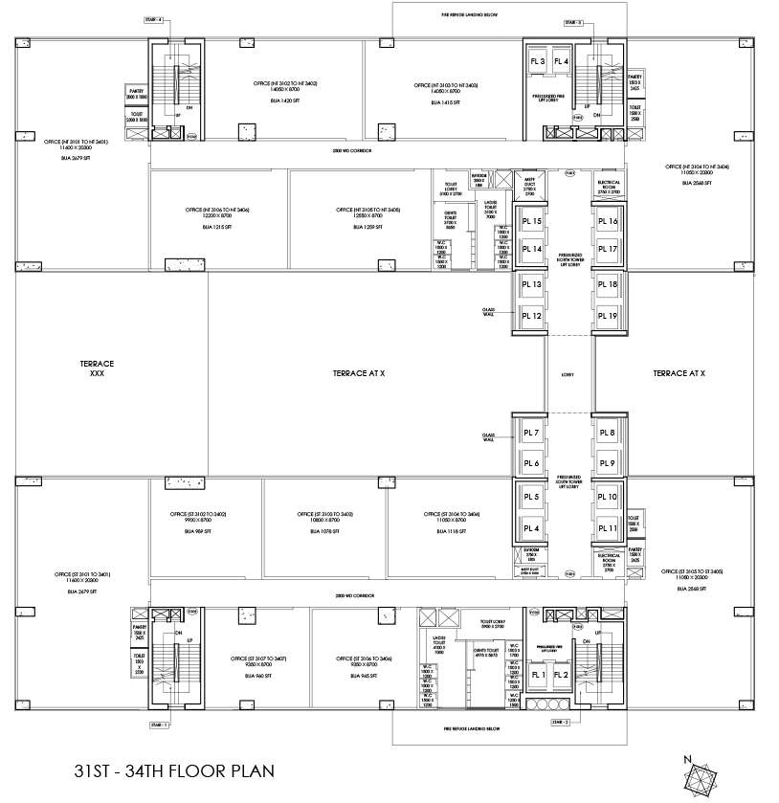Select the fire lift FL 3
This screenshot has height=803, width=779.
click(x=537, y=62)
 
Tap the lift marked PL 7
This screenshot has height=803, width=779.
click(x=530, y=434)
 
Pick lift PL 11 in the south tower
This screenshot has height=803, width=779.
click(x=607, y=527)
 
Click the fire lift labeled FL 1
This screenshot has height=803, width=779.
click(x=537, y=676)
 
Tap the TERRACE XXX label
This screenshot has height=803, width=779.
click(x=97, y=368)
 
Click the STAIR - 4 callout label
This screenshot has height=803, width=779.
click(x=152, y=19)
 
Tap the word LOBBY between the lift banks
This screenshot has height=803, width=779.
click(x=568, y=373)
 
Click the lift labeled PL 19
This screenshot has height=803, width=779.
click(x=607, y=316)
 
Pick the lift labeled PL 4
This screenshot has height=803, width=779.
click(x=530, y=527)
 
